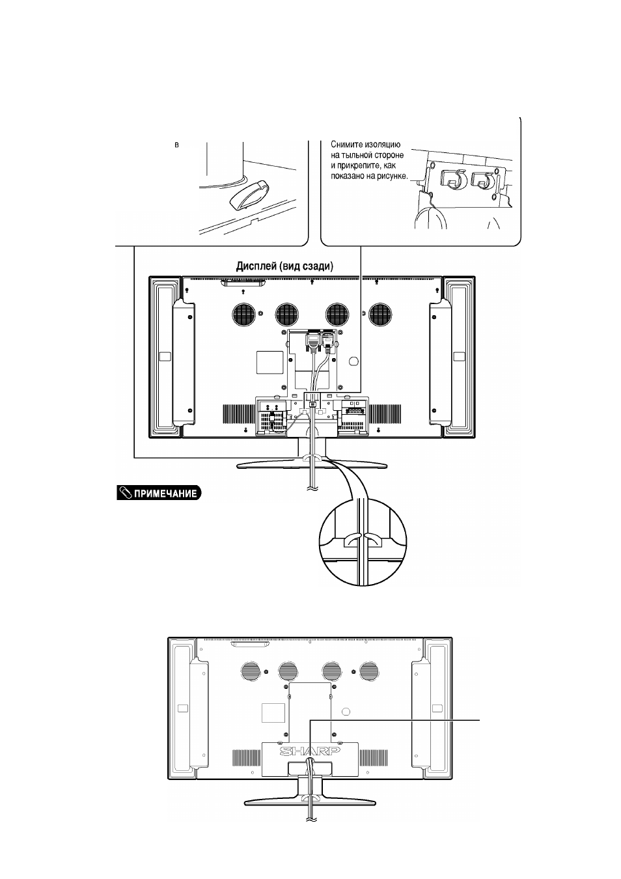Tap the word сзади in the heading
click(x=318, y=267)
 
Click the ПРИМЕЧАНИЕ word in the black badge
click(x=165, y=494)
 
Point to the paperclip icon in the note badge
click(x=125, y=494)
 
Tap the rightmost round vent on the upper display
click(x=379, y=314)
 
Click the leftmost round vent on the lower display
click(x=250, y=671)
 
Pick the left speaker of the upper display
click(x=165, y=357)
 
